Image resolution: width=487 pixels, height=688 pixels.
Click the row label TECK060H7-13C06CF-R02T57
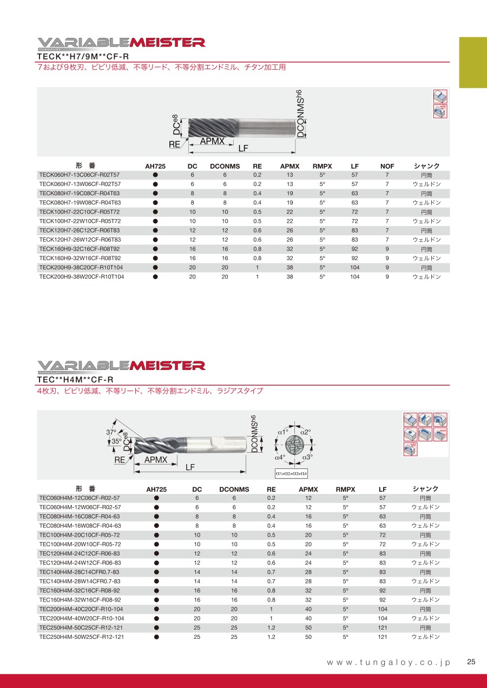80,175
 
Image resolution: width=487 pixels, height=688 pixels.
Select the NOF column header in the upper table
387,166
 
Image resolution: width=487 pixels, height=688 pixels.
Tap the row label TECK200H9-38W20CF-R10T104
82,276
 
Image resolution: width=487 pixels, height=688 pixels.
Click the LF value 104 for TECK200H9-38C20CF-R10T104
354,267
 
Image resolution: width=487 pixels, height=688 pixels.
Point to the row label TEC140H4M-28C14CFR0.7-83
80,572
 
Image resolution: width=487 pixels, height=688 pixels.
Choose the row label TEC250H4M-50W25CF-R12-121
82,637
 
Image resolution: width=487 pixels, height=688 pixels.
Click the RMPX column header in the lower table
346,489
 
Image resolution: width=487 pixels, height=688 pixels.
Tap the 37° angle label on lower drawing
111,432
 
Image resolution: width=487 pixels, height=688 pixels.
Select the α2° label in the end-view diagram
306,432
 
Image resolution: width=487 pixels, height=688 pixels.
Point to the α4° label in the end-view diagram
280,457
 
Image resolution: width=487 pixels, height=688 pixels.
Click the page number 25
471,662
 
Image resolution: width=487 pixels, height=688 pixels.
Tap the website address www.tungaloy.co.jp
389,663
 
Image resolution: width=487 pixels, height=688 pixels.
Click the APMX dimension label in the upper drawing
212,141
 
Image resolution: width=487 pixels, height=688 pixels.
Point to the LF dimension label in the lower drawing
190,467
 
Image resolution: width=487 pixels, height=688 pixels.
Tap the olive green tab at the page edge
473,62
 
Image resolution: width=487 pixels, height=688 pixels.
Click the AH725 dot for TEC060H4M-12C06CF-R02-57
156,498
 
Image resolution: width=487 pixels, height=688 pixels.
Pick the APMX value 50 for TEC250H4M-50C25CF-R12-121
308,627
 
